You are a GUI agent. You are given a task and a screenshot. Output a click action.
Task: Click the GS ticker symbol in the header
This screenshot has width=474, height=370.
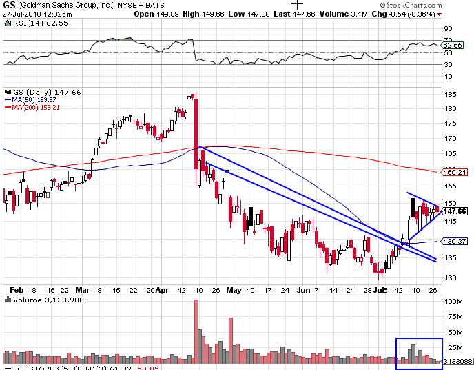point(10,5)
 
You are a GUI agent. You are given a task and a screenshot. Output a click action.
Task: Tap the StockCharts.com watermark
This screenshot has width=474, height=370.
point(437,6)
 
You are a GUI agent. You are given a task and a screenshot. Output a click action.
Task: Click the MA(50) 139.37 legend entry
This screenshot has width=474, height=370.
point(34,100)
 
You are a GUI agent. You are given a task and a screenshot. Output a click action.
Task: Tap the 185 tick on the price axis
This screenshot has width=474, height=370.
point(451,94)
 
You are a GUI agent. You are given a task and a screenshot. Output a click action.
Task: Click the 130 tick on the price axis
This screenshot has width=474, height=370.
point(451,277)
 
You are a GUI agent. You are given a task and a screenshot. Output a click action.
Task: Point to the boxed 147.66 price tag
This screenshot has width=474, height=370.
point(454,211)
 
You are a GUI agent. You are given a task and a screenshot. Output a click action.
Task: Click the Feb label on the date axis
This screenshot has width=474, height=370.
point(17,289)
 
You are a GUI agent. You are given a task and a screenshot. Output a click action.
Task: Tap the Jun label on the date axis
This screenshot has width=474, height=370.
point(302,289)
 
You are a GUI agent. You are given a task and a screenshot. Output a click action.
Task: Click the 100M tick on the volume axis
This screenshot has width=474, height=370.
point(453,302)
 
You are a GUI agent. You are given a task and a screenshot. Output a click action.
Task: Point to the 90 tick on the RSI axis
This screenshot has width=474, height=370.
point(448,28)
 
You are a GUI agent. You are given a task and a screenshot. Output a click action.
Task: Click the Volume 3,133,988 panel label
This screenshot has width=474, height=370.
point(41,300)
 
